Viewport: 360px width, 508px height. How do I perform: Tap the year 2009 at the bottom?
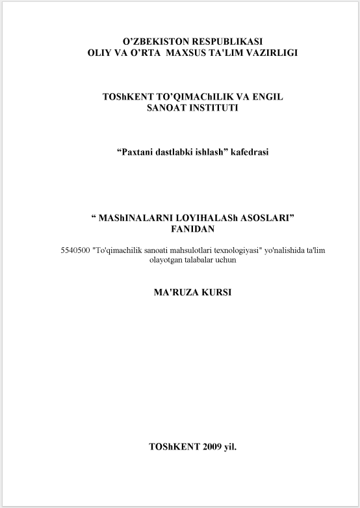pos(212,448)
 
